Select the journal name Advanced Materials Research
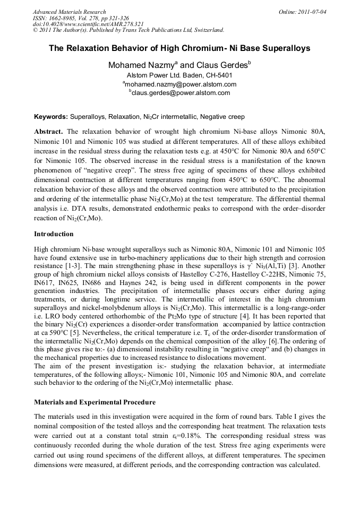click(69, 11)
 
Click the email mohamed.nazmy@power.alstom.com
click(181, 84)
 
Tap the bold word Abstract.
click(49, 131)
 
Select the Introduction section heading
click(54, 234)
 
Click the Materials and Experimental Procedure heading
click(95, 402)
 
